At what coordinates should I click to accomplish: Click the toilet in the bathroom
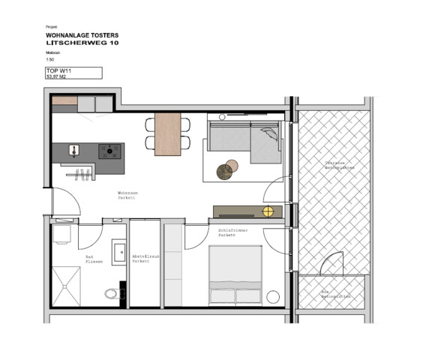(112, 293)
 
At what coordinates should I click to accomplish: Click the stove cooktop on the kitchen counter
(111, 151)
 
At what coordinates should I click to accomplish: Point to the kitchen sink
(76, 150)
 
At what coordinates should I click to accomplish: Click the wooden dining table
(167, 134)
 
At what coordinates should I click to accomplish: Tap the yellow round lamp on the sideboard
(268, 211)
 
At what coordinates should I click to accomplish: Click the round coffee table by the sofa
(225, 171)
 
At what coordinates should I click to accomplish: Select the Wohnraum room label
(127, 195)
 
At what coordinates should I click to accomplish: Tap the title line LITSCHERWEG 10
(82, 43)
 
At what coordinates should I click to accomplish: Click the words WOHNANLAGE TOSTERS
(82, 35)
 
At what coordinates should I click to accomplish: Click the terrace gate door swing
(331, 265)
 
